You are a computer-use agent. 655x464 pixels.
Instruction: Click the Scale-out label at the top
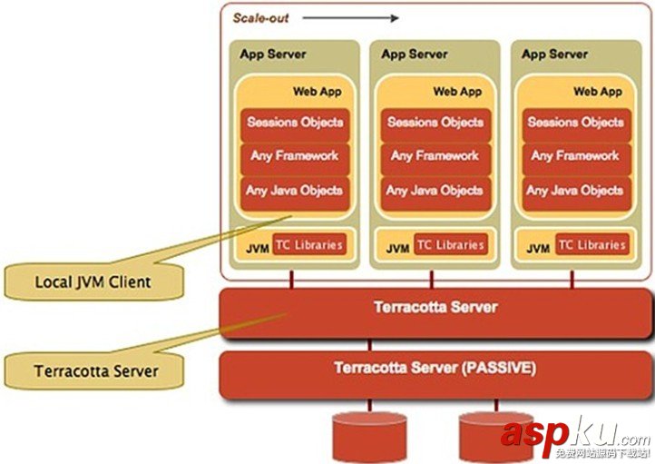coord(259,17)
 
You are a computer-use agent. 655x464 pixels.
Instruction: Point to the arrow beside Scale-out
coord(350,17)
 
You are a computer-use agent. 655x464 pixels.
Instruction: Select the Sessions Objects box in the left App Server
coord(295,122)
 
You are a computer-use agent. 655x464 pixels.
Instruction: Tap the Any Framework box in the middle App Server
coord(435,156)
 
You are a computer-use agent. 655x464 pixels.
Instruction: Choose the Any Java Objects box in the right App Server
coord(575,191)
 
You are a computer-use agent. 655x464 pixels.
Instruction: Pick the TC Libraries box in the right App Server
coord(591,245)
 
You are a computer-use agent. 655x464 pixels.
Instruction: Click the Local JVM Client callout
coord(93,281)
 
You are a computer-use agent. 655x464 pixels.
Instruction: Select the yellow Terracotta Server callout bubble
coord(95,370)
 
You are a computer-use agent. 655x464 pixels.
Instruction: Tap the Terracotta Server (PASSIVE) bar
coord(435,369)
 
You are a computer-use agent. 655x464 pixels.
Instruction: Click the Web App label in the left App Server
coord(317,92)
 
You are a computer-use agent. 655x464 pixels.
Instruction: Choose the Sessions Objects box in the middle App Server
coord(435,122)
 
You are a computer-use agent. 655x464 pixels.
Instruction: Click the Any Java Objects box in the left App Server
coord(295,191)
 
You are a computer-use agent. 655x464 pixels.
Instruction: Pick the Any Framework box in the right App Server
coord(575,156)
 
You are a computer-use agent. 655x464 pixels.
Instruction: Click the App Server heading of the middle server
coord(414,54)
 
